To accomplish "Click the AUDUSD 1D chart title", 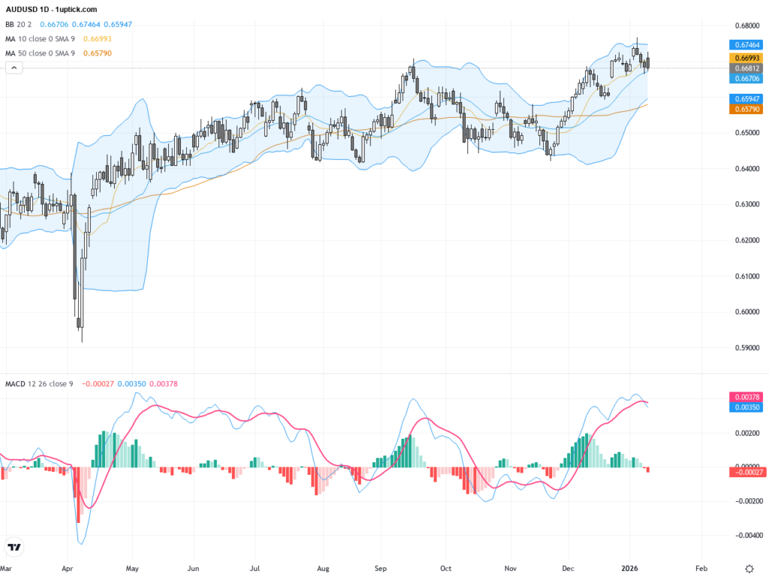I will point(51,10).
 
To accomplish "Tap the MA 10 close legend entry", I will point(42,38).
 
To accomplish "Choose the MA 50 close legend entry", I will point(42,53).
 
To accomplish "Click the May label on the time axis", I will point(133,569).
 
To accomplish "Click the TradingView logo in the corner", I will point(14,548).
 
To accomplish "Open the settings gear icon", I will point(749,569).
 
